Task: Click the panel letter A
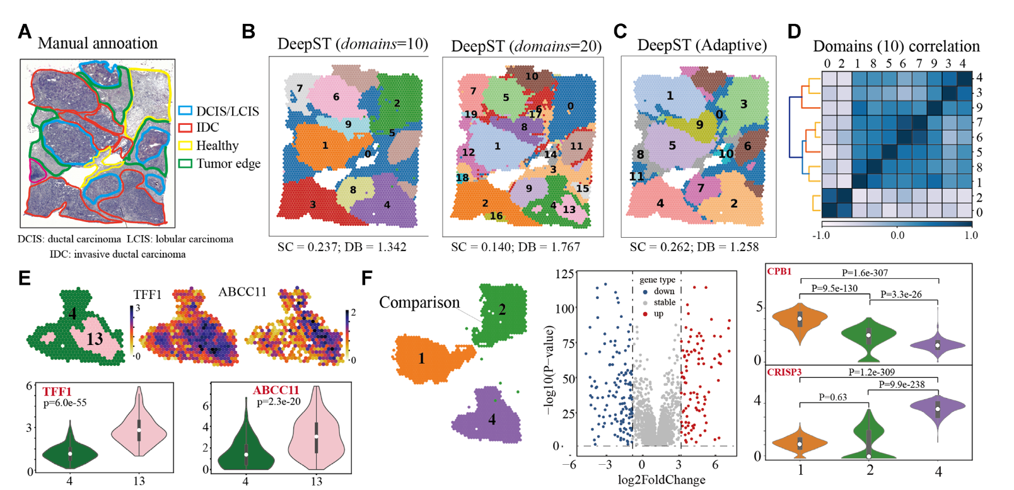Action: coord(25,32)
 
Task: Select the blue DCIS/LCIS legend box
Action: coord(185,111)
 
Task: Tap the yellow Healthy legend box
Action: coord(185,146)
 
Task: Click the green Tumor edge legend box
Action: coord(185,163)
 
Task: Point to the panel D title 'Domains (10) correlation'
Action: coord(896,46)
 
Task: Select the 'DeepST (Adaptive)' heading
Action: coord(702,45)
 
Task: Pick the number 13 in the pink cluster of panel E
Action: coord(95,339)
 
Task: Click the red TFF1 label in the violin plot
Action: coord(57,392)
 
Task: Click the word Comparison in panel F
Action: coord(419,303)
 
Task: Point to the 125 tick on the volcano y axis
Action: coord(565,274)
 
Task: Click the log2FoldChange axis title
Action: coord(661,480)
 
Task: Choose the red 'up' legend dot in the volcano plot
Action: coord(645,314)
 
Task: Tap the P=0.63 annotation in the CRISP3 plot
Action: coord(833,397)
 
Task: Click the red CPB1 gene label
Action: coord(779,272)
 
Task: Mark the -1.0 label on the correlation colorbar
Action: coord(821,235)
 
